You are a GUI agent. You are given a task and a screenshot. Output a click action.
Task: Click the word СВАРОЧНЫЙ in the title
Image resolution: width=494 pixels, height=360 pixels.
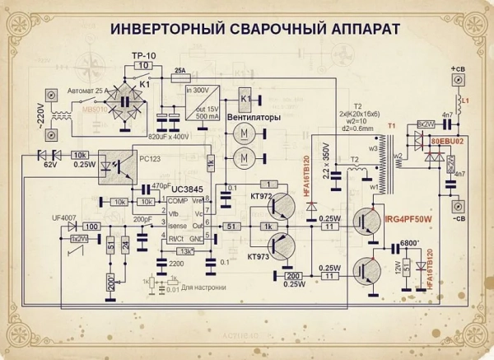(x=246, y=29)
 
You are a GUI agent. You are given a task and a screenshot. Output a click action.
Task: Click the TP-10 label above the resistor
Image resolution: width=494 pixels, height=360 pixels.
(x=143, y=54)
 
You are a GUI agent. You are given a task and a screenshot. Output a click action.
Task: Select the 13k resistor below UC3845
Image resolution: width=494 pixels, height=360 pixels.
(x=188, y=251)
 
